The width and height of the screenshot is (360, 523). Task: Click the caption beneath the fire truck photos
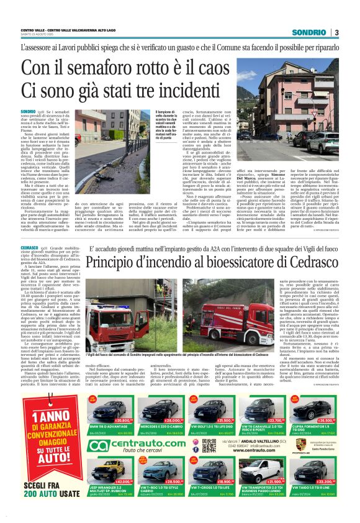click(x=174, y=354)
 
